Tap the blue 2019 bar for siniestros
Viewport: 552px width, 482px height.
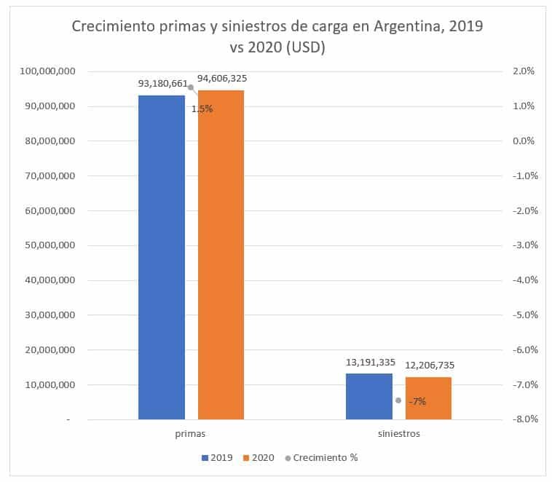point(369,396)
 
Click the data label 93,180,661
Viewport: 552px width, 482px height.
point(163,83)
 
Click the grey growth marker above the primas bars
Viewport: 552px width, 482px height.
point(191,87)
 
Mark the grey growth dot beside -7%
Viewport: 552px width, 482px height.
point(398,400)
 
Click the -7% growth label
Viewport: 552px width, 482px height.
point(417,401)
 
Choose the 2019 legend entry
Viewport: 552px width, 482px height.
point(216,458)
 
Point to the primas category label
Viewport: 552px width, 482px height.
point(191,433)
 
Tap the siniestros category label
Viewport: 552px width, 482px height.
point(398,433)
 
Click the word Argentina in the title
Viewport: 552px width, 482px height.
point(409,27)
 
